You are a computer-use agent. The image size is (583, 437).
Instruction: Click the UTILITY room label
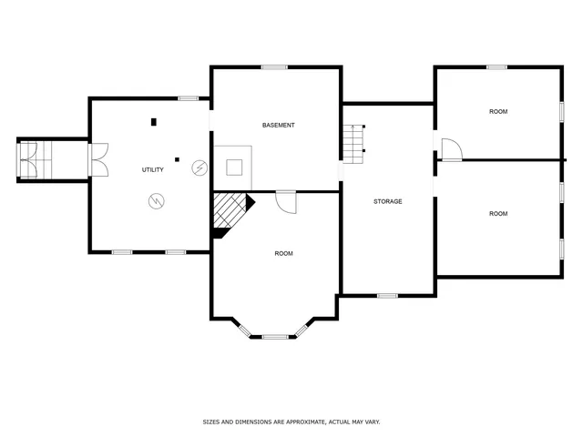click(152, 170)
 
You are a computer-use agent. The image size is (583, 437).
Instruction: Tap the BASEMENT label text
click(278, 125)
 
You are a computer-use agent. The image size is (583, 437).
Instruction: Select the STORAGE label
click(387, 201)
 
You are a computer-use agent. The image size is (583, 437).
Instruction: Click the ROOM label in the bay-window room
click(283, 253)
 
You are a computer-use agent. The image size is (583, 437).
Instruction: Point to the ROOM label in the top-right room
click(497, 111)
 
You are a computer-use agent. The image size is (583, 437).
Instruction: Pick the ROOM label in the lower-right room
click(497, 214)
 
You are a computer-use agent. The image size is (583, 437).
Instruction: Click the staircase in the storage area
click(353, 145)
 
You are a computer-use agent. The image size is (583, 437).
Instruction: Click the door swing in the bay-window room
click(287, 201)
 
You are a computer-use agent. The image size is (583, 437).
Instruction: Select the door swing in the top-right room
click(450, 149)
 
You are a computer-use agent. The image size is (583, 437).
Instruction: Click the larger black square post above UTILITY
click(154, 121)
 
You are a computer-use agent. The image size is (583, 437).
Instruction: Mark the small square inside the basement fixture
click(234, 167)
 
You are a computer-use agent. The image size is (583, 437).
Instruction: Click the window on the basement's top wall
click(274, 66)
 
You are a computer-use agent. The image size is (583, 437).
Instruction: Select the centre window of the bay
click(275, 337)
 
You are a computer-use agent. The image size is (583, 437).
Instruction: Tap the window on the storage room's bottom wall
click(387, 295)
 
